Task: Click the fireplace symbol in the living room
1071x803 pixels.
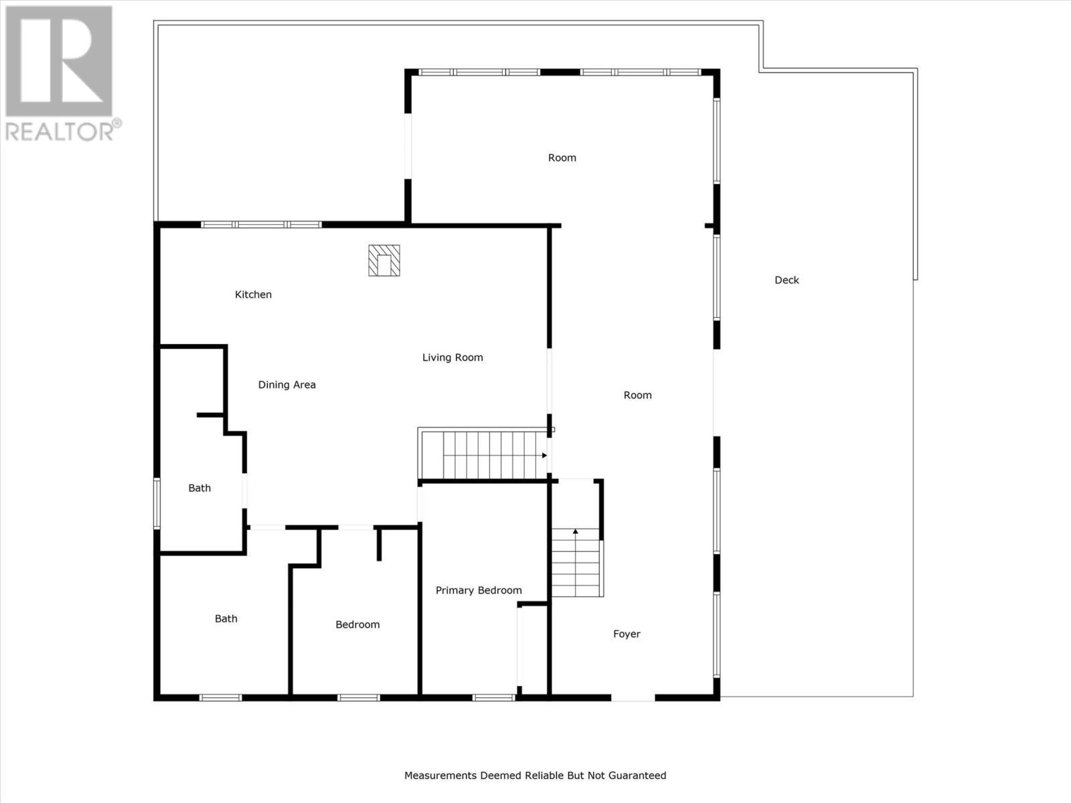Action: pos(384,261)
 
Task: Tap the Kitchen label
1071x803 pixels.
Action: pos(253,294)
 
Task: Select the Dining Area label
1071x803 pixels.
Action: pos(286,385)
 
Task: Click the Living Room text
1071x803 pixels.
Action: pos(452,357)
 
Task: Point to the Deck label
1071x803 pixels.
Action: pos(787,280)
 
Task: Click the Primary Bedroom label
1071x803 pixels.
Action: pos(479,590)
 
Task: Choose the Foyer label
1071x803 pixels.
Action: pos(627,634)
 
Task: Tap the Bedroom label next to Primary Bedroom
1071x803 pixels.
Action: pos(357,624)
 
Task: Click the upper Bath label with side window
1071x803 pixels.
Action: pos(199,488)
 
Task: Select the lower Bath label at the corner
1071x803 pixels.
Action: pos(226,618)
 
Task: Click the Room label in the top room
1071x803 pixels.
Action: pos(562,158)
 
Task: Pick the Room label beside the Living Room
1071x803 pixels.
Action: pos(637,395)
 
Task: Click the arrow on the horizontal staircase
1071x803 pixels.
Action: pos(544,456)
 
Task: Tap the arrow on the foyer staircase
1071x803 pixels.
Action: pos(576,531)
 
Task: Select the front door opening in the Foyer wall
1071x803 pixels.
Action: pos(633,697)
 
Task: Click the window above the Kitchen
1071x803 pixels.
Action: pos(261,224)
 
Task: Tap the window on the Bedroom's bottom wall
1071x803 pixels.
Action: pos(358,697)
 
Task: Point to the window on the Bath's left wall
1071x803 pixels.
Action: pos(157,503)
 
